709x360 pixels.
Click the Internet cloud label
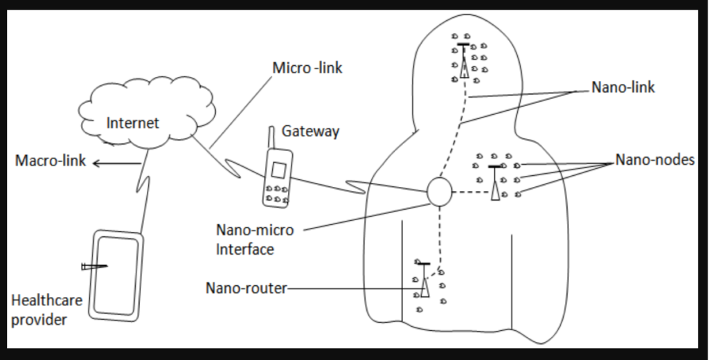pos(132,123)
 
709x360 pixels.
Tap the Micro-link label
pos(307,68)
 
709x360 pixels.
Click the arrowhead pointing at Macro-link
pos(96,163)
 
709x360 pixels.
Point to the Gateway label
pos(310,131)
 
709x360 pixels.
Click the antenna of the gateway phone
pos(271,138)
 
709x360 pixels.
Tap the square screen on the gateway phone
pos(278,170)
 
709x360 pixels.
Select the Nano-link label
pos(623,87)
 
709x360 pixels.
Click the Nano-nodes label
pos(655,159)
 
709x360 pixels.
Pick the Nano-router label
pos(246,288)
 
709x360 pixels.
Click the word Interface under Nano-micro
pos(244,249)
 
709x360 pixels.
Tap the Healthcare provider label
pos(46,309)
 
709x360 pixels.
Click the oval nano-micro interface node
pos(439,192)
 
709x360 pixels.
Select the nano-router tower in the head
pos(464,61)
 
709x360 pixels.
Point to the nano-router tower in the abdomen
pos(424,280)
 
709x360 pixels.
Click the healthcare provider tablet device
pos(116,276)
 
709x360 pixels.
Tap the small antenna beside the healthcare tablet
pos(94,267)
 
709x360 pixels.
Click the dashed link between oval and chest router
pos(471,192)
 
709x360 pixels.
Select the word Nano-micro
pos(255,230)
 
